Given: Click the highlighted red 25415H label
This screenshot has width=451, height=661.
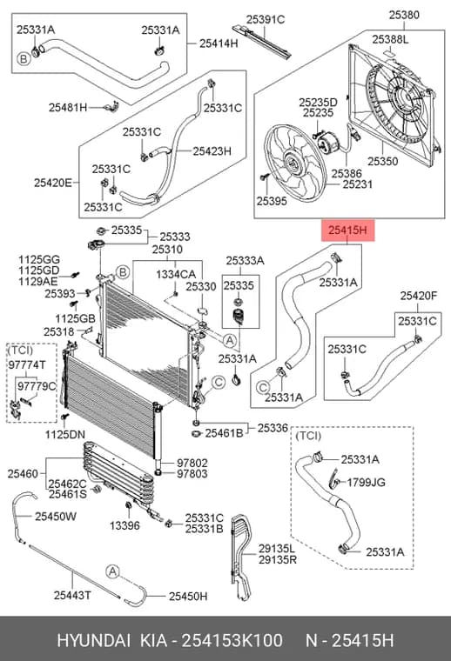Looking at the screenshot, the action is [347, 230].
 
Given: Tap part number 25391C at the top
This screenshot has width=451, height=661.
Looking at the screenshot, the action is [266, 19].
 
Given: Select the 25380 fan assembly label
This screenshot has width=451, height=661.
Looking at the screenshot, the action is [404, 15].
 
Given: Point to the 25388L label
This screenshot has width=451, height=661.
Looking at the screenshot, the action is [390, 40].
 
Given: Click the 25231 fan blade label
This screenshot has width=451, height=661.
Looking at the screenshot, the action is [357, 184].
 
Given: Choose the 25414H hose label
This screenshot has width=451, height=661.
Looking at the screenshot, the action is [219, 43].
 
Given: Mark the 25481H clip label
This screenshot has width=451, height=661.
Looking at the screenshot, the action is [68, 108].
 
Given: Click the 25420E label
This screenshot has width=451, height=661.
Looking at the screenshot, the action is [53, 183].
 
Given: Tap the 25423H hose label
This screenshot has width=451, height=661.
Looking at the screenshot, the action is [212, 151].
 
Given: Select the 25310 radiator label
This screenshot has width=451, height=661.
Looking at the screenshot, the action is [167, 250].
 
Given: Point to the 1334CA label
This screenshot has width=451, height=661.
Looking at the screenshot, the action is [176, 275].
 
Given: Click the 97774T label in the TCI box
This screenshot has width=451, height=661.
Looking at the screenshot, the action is [27, 365].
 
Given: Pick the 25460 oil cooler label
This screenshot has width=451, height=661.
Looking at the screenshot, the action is [23, 474].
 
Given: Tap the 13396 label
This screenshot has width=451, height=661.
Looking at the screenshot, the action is [125, 525].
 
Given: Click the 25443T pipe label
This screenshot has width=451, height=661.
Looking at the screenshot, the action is [72, 595].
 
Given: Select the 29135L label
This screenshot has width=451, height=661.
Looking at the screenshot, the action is [277, 549].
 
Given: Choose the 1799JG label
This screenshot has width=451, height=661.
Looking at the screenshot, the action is [367, 482].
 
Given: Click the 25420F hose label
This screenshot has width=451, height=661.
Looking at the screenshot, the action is [419, 296].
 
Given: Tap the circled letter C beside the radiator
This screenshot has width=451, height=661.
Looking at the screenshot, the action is [219, 383].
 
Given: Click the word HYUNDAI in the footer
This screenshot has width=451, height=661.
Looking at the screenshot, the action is [93, 641].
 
